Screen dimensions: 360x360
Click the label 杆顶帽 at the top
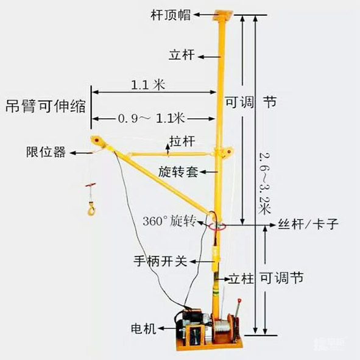(171, 15)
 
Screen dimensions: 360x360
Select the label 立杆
(182, 55)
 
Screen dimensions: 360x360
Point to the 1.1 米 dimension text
(148, 85)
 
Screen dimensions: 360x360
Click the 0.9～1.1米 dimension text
(152, 118)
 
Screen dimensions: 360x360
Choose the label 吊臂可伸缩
(46, 106)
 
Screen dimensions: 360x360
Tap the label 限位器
(46, 152)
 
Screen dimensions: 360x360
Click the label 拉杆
(182, 141)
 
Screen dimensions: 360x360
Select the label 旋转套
(178, 172)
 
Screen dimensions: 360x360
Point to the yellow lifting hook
(91, 208)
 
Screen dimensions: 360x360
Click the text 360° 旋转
(169, 221)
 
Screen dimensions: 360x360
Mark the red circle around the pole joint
(217, 227)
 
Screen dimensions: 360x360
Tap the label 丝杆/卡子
(308, 224)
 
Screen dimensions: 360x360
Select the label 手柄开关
(160, 261)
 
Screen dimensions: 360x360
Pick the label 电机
(144, 328)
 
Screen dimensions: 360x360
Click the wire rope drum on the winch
(221, 329)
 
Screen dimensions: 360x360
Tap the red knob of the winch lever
(239, 300)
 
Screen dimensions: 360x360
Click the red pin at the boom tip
(97, 139)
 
